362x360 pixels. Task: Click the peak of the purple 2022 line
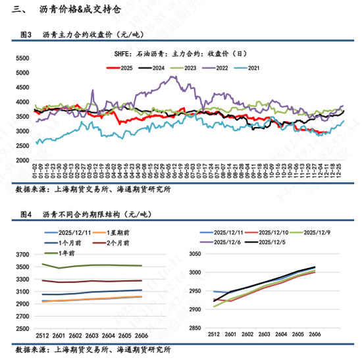tap(172, 77)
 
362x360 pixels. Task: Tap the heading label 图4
tap(26, 215)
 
